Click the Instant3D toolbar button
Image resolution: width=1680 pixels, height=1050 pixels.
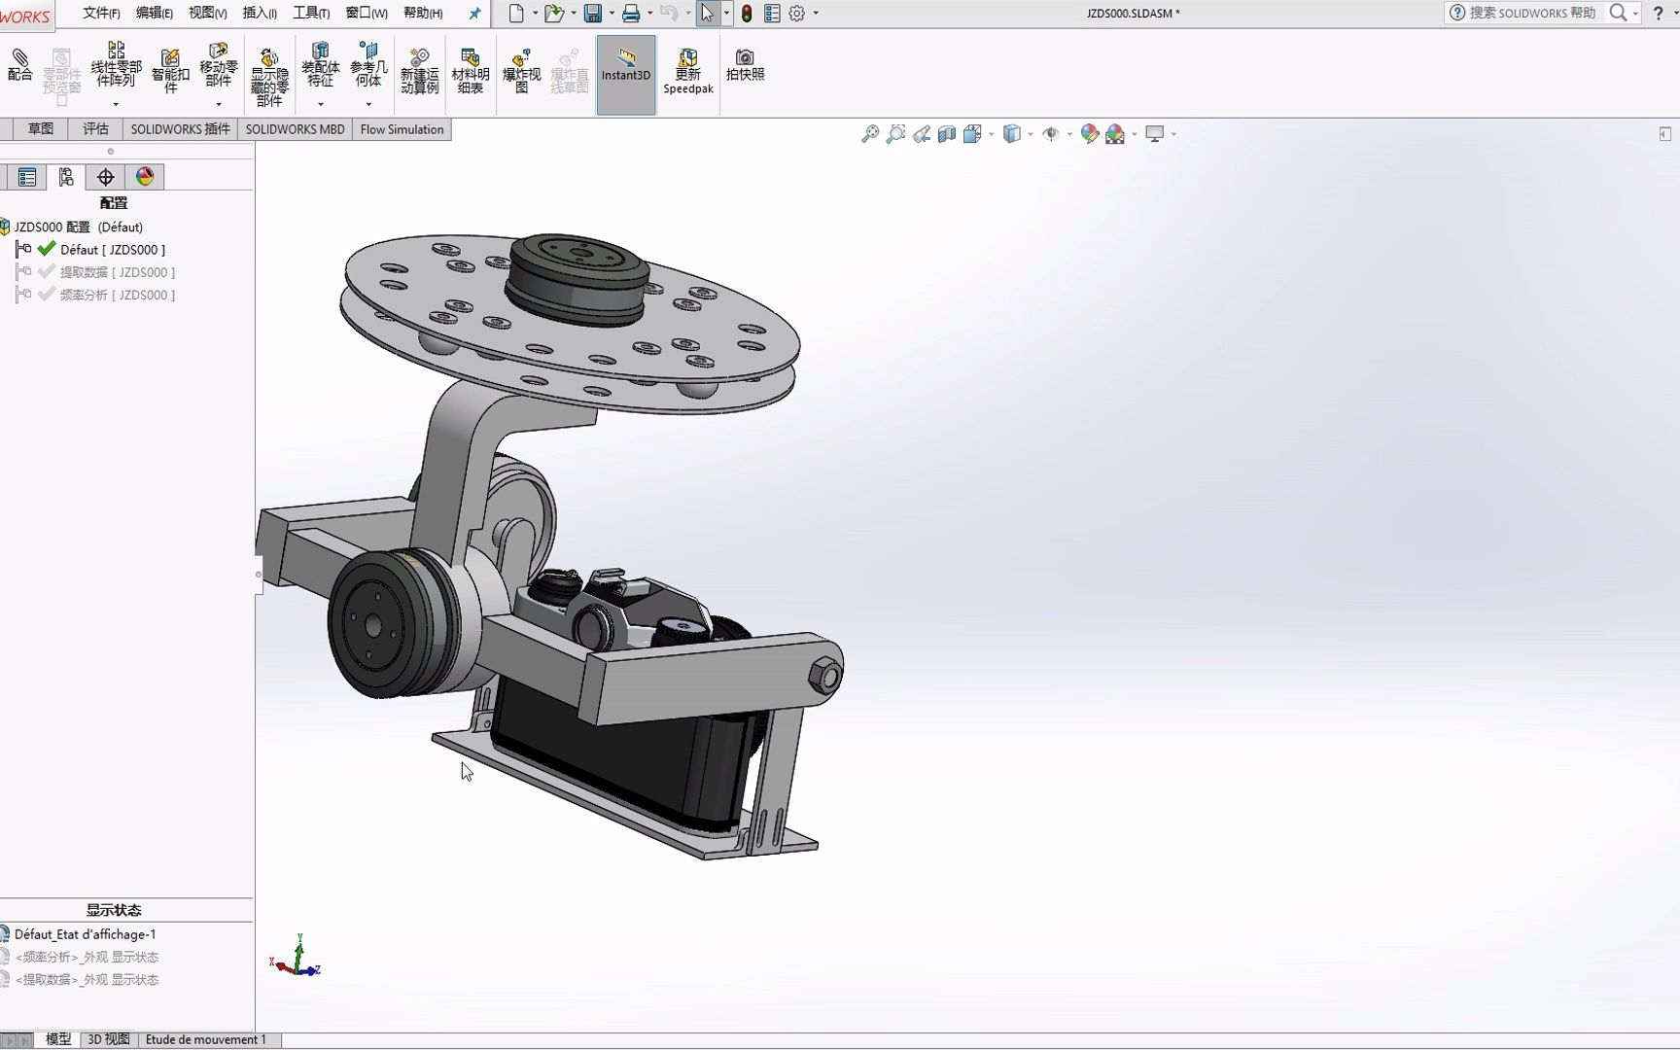(x=625, y=66)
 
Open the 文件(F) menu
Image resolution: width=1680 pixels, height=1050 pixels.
(x=101, y=13)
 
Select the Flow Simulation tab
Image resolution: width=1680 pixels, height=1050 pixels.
(x=402, y=129)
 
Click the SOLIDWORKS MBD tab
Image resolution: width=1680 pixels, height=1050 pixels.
(x=295, y=129)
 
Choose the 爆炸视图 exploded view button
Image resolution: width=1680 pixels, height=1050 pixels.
(x=521, y=70)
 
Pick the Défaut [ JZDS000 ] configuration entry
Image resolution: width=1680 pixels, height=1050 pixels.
(x=112, y=250)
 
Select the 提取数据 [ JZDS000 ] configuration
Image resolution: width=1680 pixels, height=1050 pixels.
(x=117, y=272)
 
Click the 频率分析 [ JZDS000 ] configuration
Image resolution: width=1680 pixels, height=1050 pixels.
(x=117, y=295)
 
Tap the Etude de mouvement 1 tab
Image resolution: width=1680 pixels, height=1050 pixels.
(x=205, y=1039)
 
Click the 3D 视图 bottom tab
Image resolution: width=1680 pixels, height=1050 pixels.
(x=108, y=1039)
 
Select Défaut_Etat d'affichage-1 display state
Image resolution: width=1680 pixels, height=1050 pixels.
(x=85, y=934)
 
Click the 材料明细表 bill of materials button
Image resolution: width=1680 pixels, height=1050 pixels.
(x=470, y=70)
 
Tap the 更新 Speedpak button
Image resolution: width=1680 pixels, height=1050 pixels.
(x=687, y=70)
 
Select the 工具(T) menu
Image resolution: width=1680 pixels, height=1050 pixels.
(x=311, y=13)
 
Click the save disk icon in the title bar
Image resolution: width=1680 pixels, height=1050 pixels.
(x=592, y=13)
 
